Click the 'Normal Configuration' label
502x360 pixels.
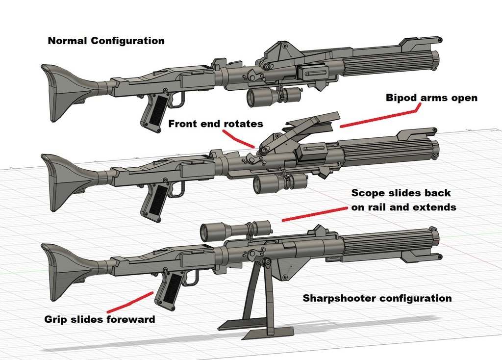[106, 41]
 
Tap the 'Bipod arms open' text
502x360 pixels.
[431, 98]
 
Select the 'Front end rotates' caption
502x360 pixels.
[216, 124]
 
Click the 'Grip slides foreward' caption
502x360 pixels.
[100, 319]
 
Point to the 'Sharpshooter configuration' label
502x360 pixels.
[377, 298]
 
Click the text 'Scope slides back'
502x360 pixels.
[401, 193]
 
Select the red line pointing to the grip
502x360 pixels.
[129, 302]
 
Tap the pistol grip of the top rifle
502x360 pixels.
[153, 112]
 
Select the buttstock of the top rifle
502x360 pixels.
[64, 91]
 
